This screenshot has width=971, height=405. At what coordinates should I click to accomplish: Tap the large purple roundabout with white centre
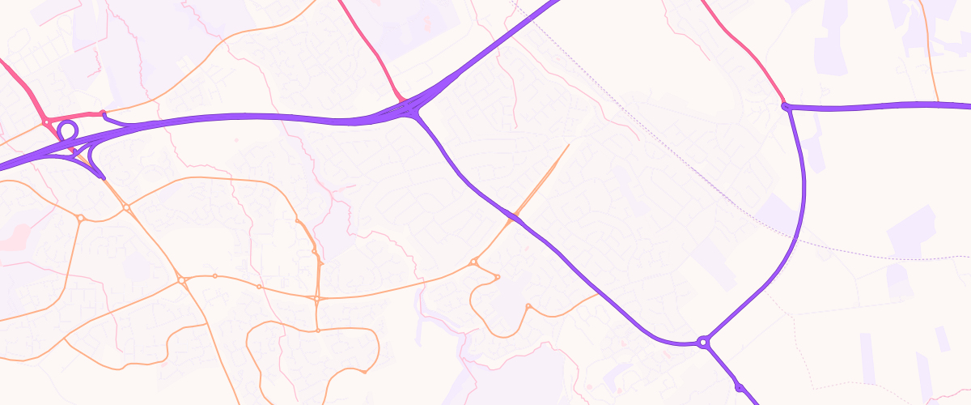click(x=703, y=343)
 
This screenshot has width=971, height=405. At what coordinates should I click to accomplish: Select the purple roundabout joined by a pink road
click(x=785, y=106)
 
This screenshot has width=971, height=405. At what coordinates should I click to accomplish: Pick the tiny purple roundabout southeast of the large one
click(x=739, y=387)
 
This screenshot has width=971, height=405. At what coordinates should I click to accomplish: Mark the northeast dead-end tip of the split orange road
click(x=569, y=145)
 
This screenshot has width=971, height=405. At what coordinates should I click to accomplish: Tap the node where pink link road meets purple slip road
click(x=103, y=113)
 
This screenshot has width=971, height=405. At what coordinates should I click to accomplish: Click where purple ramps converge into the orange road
click(x=101, y=177)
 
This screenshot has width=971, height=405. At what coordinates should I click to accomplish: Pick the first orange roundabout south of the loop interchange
click(x=127, y=208)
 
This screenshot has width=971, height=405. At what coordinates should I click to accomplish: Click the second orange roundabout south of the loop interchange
click(x=181, y=280)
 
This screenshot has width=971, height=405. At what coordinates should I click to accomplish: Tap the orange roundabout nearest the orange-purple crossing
click(x=474, y=262)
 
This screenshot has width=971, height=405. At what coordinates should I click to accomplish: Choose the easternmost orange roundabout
click(x=528, y=306)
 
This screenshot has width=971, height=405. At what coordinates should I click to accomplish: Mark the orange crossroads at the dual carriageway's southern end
click(x=318, y=299)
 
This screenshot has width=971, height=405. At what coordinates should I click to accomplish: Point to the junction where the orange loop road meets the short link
click(x=318, y=330)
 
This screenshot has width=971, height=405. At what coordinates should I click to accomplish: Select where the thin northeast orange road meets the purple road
click(x=938, y=104)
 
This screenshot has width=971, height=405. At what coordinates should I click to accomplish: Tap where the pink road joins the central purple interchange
click(x=402, y=100)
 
